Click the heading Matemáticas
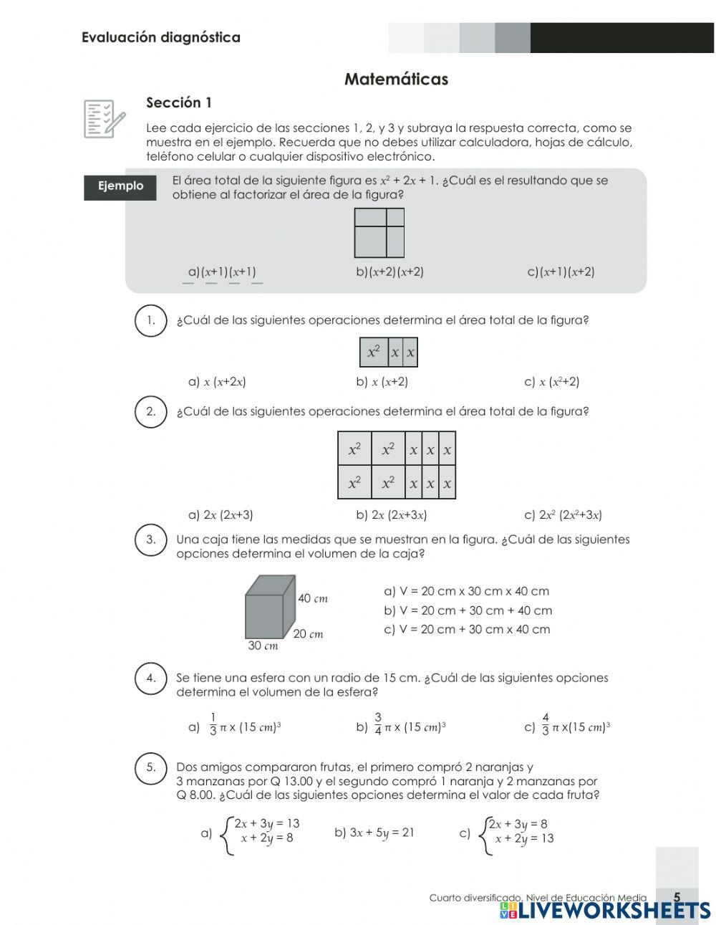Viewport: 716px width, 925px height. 396,79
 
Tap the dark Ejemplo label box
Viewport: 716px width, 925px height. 120,186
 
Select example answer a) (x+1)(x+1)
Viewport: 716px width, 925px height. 222,272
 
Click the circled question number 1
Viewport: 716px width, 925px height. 150,320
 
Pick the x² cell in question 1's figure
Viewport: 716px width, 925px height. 374,352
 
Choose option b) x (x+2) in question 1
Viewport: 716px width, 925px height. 382,382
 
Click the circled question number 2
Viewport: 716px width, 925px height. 150,411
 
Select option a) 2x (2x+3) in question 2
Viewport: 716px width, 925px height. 221,514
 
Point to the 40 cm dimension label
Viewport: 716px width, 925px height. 312,598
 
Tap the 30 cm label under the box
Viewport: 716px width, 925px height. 263,646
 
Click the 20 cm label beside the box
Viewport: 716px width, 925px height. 308,634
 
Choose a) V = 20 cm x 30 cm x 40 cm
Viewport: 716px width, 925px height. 467,591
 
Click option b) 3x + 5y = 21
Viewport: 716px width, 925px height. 374,833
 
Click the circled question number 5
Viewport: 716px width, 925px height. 150,767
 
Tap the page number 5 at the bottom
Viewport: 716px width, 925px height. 677,896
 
